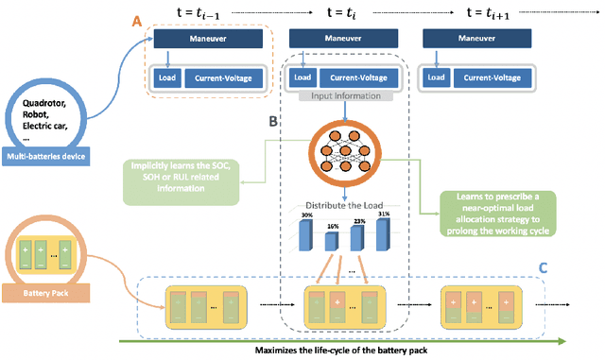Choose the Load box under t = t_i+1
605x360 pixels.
(436, 77)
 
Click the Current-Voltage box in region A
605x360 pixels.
(223, 77)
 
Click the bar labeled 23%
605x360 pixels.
(356, 235)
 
